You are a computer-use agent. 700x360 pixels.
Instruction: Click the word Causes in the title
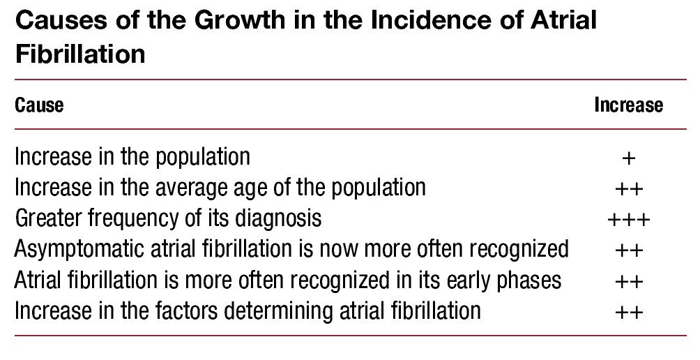click(61, 20)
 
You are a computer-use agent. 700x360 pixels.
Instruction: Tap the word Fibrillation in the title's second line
click(80, 54)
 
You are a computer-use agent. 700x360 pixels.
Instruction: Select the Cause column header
click(39, 105)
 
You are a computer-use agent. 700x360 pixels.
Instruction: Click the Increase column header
click(629, 105)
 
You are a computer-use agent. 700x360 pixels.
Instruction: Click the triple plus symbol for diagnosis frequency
click(629, 220)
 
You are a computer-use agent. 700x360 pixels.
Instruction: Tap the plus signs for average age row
click(629, 189)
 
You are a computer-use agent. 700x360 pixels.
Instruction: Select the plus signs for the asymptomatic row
click(629, 250)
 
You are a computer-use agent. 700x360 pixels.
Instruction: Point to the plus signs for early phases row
click(629, 281)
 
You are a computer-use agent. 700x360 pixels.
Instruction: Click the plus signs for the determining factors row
click(629, 312)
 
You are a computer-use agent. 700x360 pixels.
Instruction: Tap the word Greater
click(49, 218)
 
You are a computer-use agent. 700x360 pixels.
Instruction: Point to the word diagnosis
click(278, 219)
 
